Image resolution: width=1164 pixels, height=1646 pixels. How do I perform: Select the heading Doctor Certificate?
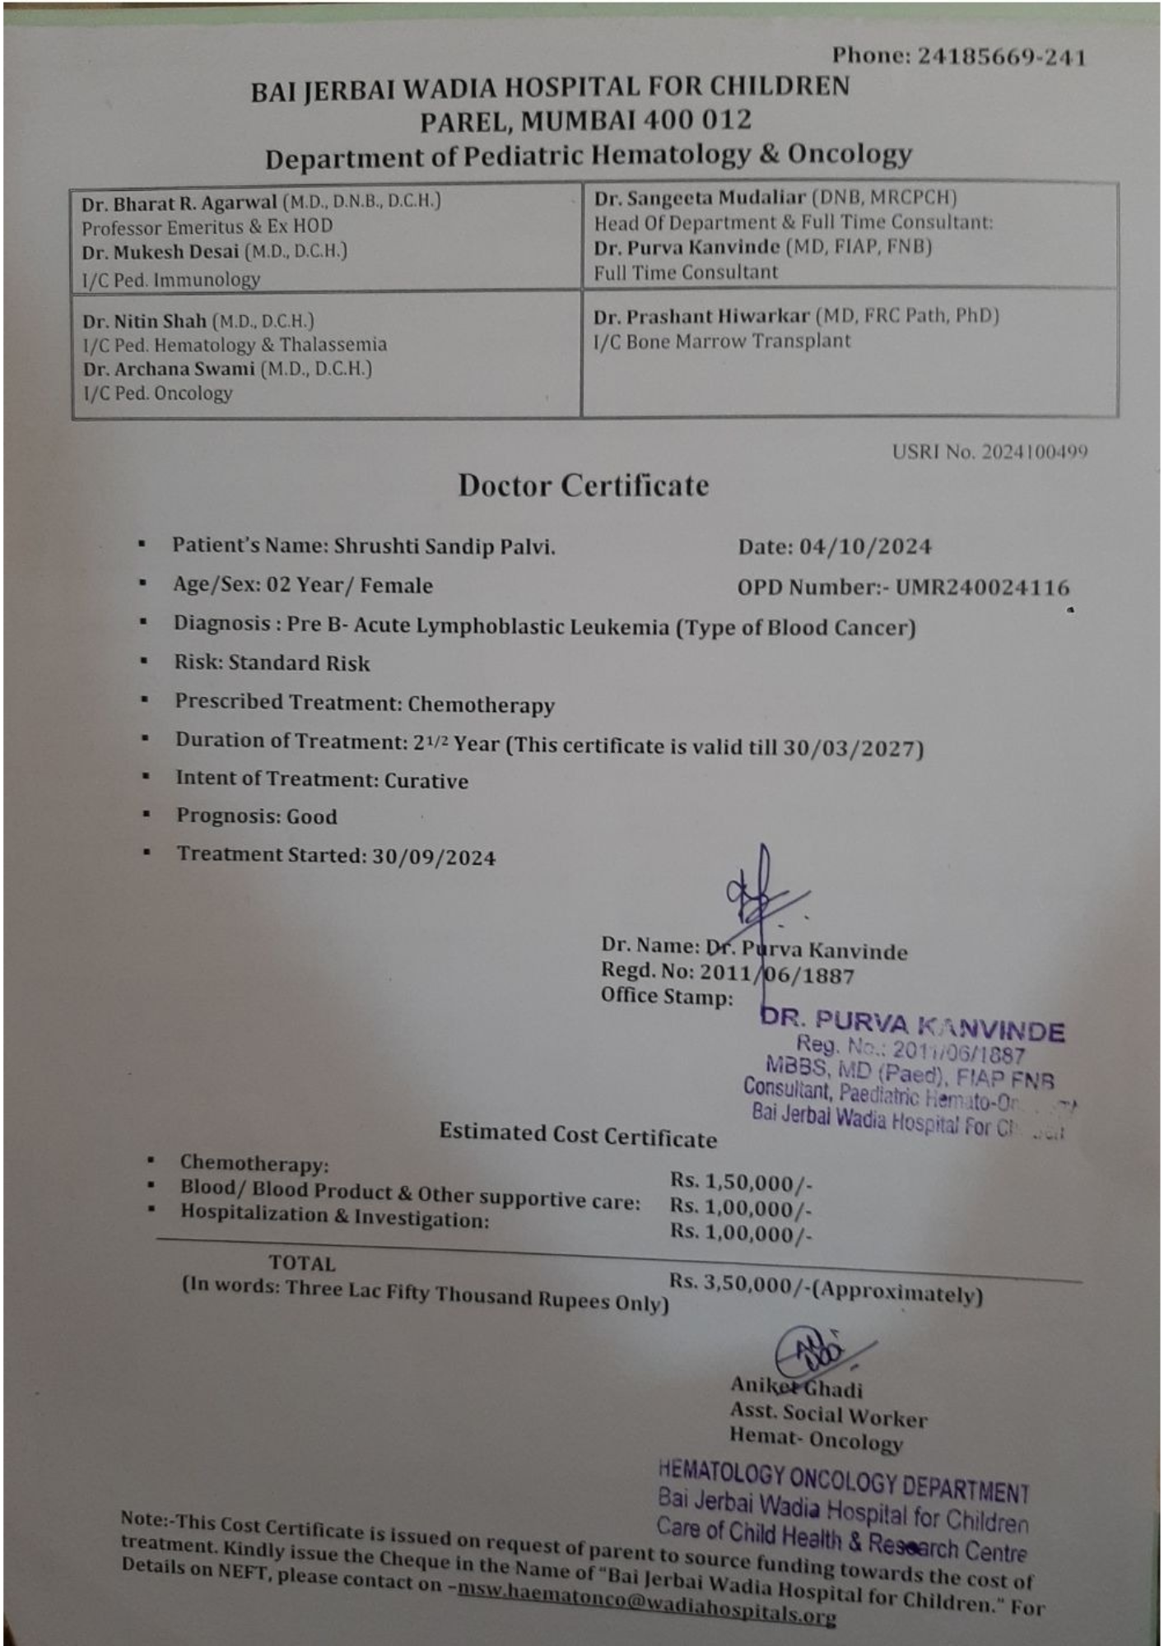click(583, 486)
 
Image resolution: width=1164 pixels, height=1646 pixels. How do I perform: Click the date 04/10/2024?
click(865, 547)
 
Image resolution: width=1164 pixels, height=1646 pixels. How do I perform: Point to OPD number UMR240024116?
click(982, 588)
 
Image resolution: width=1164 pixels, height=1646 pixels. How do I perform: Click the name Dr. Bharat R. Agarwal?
click(179, 202)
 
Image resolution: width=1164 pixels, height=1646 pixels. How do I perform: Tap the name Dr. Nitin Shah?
click(144, 321)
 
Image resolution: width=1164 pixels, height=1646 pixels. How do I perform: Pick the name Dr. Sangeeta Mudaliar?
click(700, 198)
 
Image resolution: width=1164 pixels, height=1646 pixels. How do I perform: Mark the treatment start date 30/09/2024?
click(434, 858)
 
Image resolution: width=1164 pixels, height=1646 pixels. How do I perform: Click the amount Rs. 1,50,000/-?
click(741, 1182)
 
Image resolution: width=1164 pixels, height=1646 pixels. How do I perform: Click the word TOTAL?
click(302, 1263)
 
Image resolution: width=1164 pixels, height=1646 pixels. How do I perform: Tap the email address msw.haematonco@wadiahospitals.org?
click(646, 1602)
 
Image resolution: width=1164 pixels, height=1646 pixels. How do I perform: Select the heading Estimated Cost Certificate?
click(578, 1136)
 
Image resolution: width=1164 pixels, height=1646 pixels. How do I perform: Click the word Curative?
click(426, 781)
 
